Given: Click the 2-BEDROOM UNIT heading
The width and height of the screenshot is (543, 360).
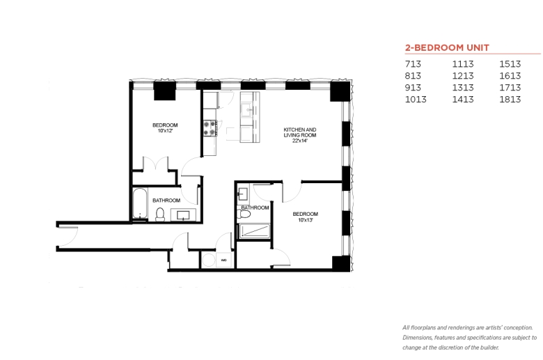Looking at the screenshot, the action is [447, 47].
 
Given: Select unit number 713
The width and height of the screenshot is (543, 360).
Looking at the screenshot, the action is [413, 64].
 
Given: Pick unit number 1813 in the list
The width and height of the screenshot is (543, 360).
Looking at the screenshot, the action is [510, 100].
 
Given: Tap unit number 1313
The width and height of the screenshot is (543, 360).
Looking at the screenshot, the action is [463, 88].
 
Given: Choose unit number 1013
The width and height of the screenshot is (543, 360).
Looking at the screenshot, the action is [416, 100].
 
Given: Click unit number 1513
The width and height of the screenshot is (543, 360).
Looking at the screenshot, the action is [510, 64].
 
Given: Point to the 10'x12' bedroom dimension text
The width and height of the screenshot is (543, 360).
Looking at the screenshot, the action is [165, 131].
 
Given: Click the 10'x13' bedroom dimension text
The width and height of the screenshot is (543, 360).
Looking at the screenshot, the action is [305, 220].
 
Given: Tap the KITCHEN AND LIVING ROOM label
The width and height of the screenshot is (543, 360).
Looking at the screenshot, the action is [300, 132].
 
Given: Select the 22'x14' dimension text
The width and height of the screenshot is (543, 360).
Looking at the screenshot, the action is [300, 141].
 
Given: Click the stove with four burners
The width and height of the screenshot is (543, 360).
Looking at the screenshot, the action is [210, 128].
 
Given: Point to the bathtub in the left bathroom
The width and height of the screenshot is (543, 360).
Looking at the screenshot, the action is [140, 204].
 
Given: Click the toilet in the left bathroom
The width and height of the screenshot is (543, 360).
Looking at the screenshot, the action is [160, 214].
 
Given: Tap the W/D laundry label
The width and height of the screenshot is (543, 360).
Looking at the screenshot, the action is [223, 260].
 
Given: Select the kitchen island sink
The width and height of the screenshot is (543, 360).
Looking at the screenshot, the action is [248, 110].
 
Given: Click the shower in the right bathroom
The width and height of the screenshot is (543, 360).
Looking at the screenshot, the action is [255, 231].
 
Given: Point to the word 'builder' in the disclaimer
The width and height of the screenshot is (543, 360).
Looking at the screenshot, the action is [489, 347].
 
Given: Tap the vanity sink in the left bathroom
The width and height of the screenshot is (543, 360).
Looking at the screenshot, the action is [183, 216].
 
